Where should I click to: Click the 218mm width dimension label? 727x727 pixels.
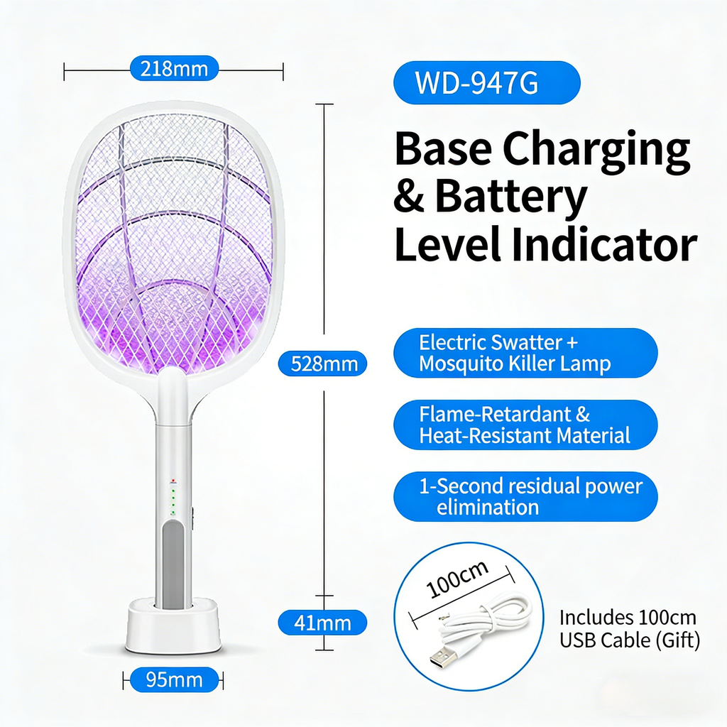point(174,69)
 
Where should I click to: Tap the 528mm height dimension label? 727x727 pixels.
point(323,364)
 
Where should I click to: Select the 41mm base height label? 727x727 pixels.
point(323,623)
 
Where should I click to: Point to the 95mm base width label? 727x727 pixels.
point(174,680)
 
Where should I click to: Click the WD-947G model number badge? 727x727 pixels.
point(486,83)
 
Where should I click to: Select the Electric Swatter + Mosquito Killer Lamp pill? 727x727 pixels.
point(525,353)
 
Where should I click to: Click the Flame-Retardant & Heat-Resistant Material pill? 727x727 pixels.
point(525,425)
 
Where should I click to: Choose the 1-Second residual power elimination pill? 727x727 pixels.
point(525,496)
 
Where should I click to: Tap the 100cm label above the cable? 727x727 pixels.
point(458,579)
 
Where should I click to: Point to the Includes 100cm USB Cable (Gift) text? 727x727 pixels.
point(629,628)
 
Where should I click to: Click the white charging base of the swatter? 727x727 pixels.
point(173,628)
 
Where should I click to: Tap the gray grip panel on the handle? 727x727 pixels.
point(173,564)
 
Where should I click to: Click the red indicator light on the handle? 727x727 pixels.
point(172,480)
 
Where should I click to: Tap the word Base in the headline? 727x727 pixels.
point(441,151)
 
